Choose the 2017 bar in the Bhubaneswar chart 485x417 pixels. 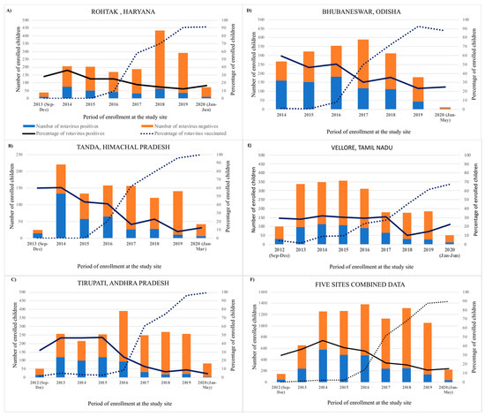[339, 75]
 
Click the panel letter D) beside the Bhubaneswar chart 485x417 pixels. [250, 11]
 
